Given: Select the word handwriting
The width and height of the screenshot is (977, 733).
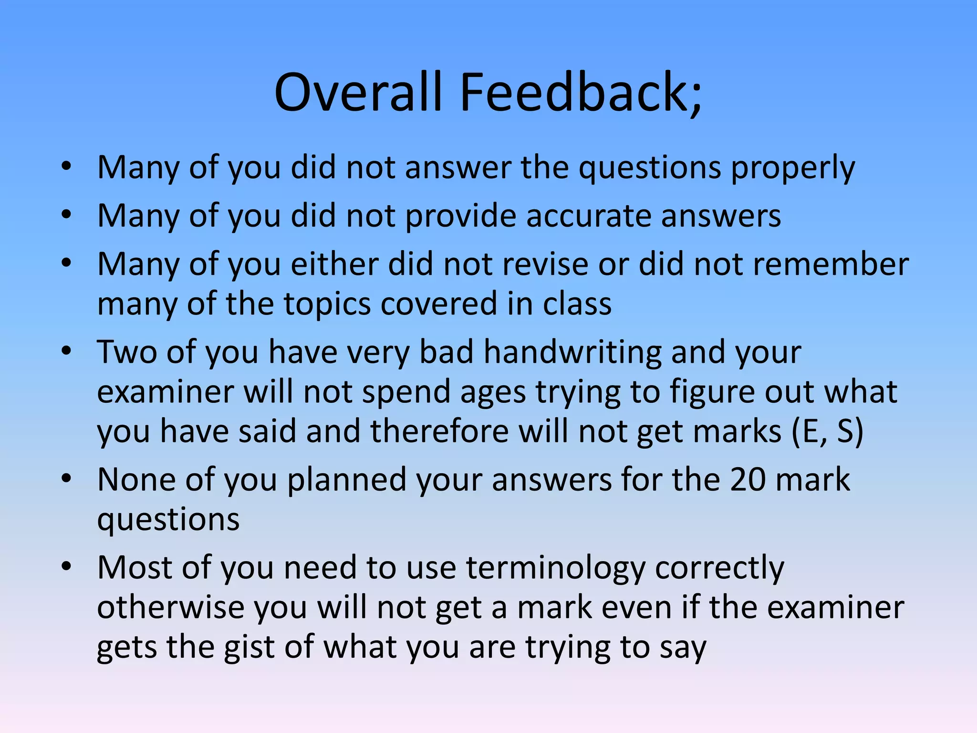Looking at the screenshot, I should [572, 352].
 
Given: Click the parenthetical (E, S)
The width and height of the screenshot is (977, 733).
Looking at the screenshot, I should [827, 432].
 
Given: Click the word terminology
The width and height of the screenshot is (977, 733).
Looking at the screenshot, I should [555, 568].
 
